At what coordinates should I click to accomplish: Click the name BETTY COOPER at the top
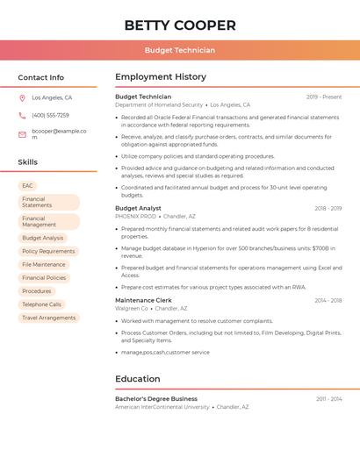coord(180,25)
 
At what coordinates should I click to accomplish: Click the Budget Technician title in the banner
coord(180,51)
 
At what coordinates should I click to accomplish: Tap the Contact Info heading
coord(41,77)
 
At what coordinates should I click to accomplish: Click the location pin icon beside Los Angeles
coord(22,98)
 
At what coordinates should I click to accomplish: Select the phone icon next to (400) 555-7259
coord(22,116)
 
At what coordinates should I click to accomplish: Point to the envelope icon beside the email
coord(22,134)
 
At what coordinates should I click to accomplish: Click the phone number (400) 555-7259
coord(50,116)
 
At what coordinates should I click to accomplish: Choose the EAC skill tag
coord(28,186)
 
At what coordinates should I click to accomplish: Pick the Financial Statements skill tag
coord(48,203)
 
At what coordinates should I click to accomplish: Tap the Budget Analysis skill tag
coord(43,238)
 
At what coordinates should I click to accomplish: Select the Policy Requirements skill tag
coord(48,251)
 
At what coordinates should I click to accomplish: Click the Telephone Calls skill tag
coord(42,304)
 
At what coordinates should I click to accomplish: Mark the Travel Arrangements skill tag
coord(49,318)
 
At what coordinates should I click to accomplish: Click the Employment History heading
coord(161,77)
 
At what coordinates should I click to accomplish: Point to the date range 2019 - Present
coord(324,97)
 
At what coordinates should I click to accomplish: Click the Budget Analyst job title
coord(138,208)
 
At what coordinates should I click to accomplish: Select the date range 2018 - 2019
coord(328,209)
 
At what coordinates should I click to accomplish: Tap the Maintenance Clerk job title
coord(143,300)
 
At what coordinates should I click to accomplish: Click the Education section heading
coord(138,379)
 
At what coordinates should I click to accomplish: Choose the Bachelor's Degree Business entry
coord(156,398)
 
